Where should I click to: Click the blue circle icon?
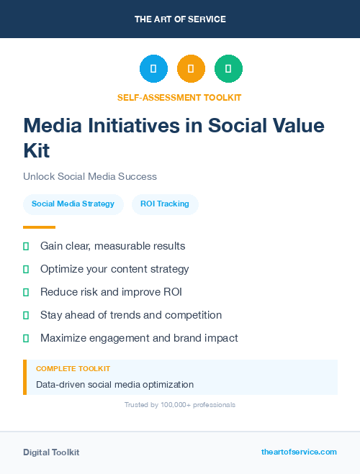pos(153,68)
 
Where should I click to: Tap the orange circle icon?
pos(191,68)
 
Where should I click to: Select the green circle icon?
pos(228,68)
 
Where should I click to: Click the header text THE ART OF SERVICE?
pos(180,19)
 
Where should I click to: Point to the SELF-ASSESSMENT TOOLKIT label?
pos(179,97)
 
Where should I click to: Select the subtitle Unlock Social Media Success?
pos(90,176)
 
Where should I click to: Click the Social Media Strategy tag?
pos(73,204)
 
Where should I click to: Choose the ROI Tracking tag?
pos(165,204)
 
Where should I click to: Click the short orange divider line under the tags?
pos(35,227)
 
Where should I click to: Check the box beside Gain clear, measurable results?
pos(26,246)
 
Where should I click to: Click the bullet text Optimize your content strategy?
pos(114,269)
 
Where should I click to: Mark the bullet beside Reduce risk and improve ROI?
pos(26,292)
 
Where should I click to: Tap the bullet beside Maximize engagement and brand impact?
pos(26,338)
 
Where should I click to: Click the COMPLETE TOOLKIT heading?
pos(73,368)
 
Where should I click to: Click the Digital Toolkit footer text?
pos(51,452)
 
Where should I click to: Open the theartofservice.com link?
pos(299,452)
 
